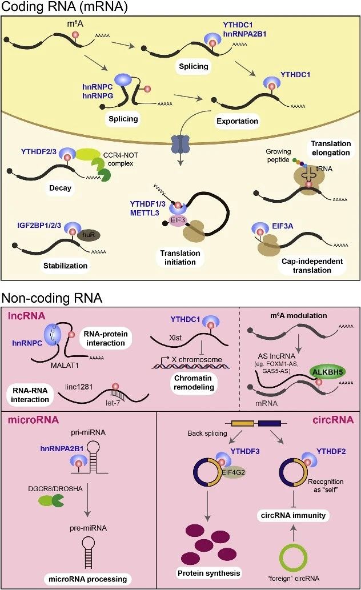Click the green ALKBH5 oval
tap(328, 372)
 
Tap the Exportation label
tap(237, 121)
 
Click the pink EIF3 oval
tap(178, 220)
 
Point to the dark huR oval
tap(89, 235)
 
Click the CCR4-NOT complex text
tap(121, 159)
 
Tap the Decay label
tap(60, 188)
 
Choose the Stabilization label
tap(65, 266)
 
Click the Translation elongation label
tap(331, 148)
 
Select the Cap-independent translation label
tap(312, 266)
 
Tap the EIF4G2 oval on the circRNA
tap(233, 472)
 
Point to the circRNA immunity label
tap(293, 515)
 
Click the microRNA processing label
tap(88, 579)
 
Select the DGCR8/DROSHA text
tap(55, 489)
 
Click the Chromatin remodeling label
tap(194, 383)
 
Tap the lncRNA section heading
tap(26, 315)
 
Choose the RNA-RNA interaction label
tap(30, 395)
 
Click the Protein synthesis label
tap(208, 573)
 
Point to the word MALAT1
tap(65, 365)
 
